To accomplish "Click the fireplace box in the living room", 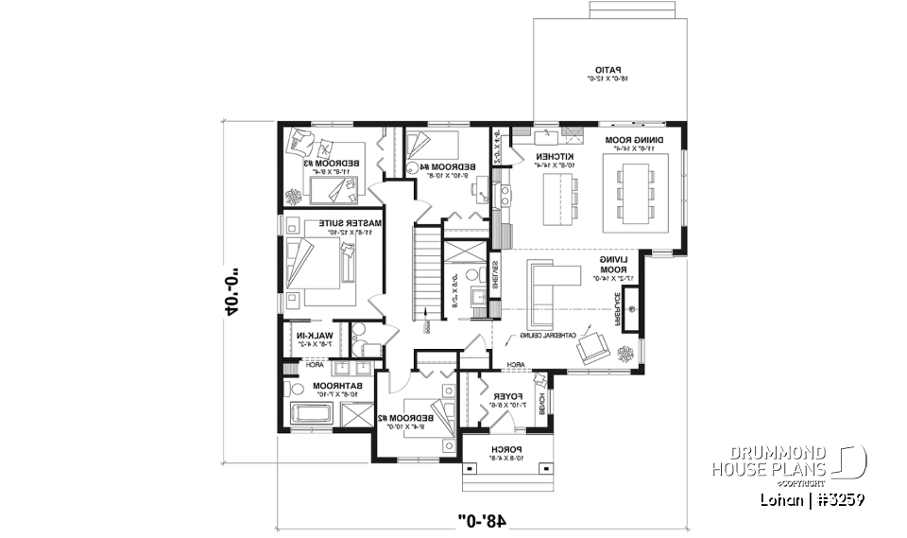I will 630,307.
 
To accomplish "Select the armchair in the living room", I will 594,347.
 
